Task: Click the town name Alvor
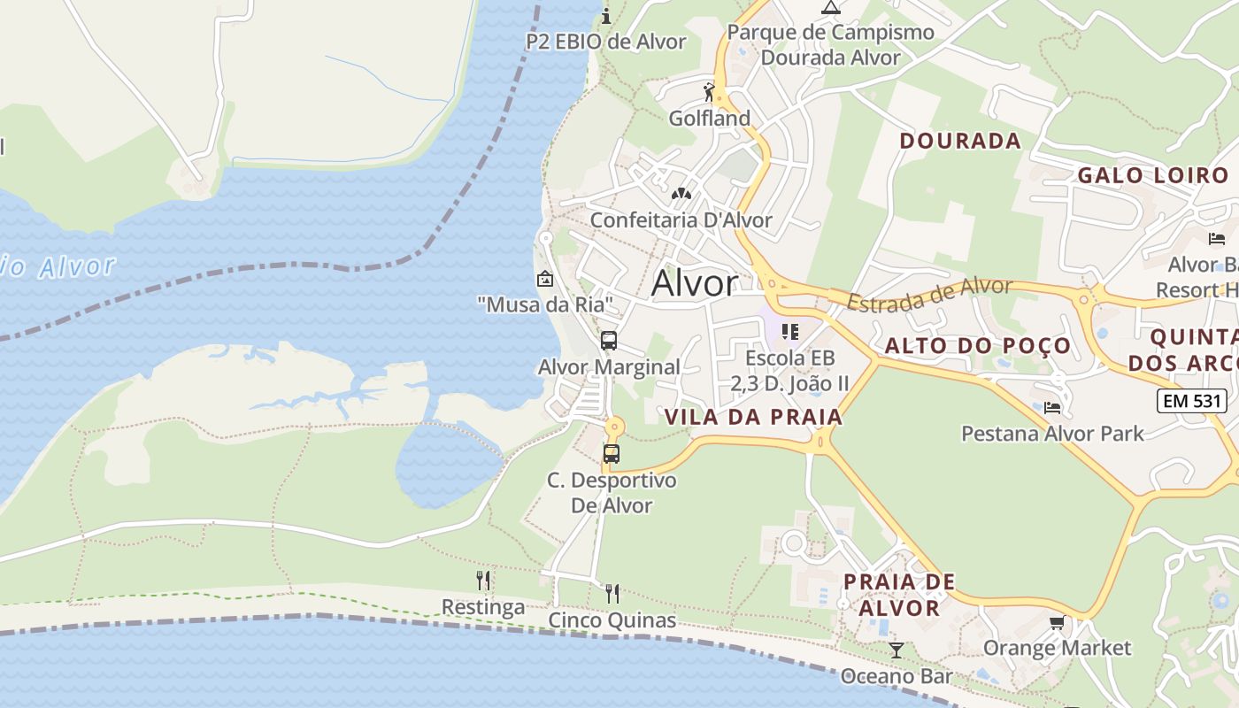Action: pos(695,283)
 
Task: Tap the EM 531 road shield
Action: pos(1191,401)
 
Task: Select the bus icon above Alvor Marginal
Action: pos(608,341)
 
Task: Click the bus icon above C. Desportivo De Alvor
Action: pos(611,454)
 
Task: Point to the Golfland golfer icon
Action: pos(709,92)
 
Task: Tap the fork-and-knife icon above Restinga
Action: pos(483,581)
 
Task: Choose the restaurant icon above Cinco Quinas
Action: pos(612,593)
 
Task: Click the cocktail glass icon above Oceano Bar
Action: pos(897,650)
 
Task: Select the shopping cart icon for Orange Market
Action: pos(1057,623)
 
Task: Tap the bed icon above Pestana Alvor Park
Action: pos(1052,407)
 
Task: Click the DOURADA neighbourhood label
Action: pos(960,141)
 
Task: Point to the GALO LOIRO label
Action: pos(1153,175)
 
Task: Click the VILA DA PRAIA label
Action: pos(752,417)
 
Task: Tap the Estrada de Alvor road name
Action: pos(929,294)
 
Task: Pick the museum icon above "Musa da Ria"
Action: pos(545,279)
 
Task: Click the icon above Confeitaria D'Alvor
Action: pos(681,194)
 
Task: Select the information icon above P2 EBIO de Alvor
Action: pos(606,16)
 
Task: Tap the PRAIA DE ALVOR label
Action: pos(899,595)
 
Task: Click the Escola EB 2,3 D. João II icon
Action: pos(790,332)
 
